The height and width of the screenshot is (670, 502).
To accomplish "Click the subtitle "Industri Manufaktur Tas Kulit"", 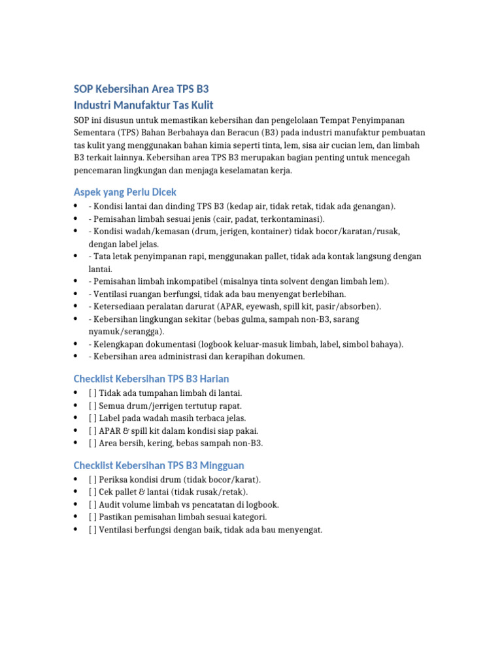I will pos(143,105).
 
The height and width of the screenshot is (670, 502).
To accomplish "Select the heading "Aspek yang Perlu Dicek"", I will pos(124,192).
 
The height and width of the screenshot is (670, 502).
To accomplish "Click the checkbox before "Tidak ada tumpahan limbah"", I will pos(92,393).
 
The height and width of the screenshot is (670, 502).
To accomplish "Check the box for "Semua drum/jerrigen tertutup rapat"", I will pos(92,406).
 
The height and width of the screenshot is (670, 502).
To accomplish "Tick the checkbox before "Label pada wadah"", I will pos(92,418).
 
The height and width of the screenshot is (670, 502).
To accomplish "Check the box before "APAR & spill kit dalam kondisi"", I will pos(92,431).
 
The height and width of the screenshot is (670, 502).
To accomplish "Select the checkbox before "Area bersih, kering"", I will pos(92,443).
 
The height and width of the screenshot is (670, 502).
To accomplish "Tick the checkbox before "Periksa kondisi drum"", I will pos(92,480).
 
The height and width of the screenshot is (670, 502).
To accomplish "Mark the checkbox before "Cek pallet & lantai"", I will pos(92,492).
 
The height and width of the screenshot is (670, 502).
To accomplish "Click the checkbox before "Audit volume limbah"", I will pos(92,504).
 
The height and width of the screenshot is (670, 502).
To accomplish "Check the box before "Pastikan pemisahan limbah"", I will pos(92,517).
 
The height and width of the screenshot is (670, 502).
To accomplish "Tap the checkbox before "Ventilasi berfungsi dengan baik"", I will pos(92,529).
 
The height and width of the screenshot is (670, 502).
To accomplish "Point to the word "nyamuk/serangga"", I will pos(125,332).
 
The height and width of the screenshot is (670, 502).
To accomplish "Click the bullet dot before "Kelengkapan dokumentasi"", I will pos(76,344).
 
